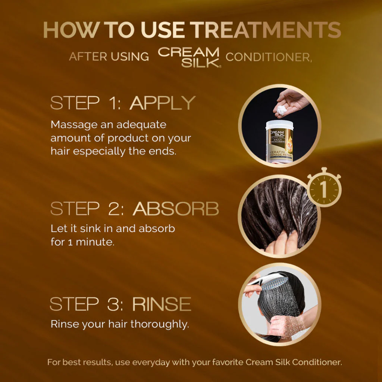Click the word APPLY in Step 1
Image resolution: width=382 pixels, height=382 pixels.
click(163, 103)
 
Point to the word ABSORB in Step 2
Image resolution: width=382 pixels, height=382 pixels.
click(176, 209)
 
